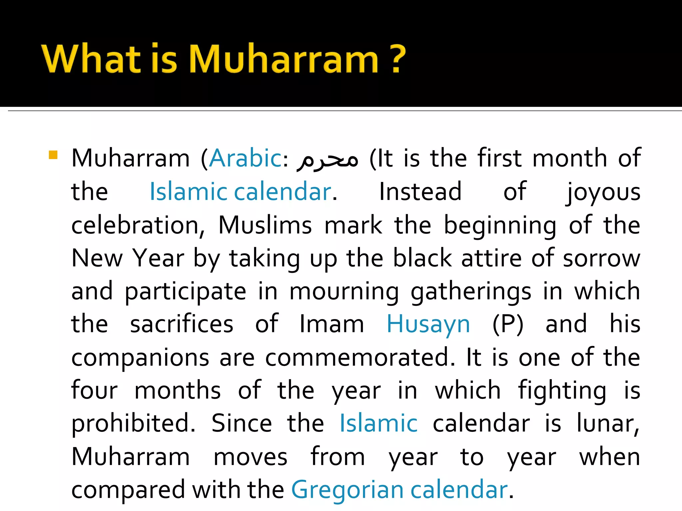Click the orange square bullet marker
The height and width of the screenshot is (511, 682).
[x=53, y=155]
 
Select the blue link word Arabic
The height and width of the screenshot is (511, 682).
[x=246, y=158]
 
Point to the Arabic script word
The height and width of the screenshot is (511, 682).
[x=328, y=160]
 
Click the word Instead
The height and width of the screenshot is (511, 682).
[x=420, y=192]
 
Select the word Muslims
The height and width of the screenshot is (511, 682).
[x=265, y=225]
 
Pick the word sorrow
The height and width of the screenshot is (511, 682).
[x=601, y=258]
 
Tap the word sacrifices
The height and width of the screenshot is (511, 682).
[x=181, y=324]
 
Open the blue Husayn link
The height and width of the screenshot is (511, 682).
[x=428, y=325]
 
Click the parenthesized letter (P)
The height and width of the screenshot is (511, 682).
[x=508, y=324]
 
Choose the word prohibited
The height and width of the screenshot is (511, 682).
[x=133, y=424]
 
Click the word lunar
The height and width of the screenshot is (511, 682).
[x=608, y=424]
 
